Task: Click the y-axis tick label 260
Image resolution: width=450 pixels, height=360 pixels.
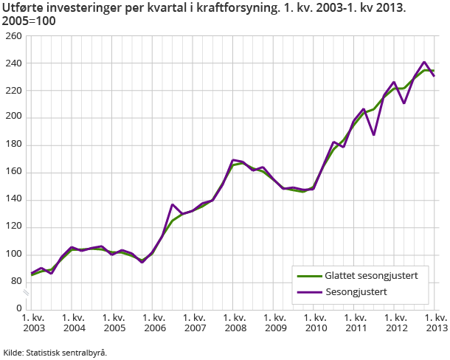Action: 13,35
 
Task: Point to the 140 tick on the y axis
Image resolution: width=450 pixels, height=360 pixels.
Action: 13,199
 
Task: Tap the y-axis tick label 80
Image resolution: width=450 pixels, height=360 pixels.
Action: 15,281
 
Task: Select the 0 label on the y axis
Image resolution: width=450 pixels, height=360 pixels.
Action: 18,308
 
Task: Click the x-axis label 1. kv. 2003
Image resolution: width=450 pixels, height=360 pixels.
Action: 33,322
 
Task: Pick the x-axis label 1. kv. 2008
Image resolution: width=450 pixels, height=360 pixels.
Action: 235,322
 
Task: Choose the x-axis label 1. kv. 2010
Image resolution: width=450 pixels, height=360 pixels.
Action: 315,322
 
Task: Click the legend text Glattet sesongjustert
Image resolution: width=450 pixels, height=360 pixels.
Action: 372,276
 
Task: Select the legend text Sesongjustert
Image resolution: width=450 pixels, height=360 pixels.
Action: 356,291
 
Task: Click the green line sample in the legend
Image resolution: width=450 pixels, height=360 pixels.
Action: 308,276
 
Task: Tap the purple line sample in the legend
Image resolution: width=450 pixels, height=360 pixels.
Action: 308,291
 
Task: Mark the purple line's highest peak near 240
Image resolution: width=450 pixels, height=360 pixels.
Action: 424,62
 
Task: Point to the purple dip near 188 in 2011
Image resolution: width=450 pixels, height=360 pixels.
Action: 374,134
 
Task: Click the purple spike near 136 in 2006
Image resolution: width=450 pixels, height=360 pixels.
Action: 173,204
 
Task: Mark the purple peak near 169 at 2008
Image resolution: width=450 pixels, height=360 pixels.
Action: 233,159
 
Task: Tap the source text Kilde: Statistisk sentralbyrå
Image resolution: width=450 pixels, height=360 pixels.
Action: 55,352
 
